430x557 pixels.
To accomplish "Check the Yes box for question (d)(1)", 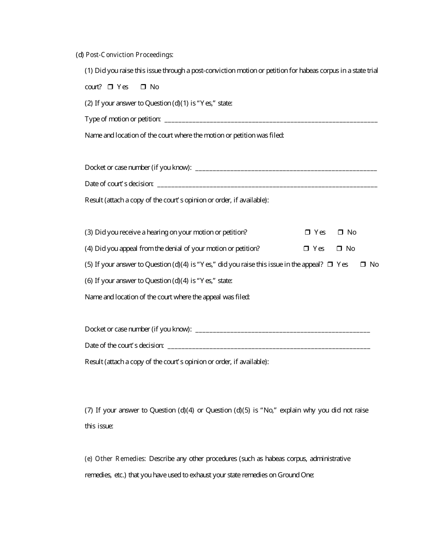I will (110, 87).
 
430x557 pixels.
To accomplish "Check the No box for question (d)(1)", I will (143, 87).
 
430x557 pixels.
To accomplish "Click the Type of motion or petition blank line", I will (271, 120).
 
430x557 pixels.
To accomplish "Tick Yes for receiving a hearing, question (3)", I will (307, 232).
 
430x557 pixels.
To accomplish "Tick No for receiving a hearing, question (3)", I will (340, 232).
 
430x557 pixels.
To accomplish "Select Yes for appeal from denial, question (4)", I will (306, 249).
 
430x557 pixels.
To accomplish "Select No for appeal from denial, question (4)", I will (339, 249).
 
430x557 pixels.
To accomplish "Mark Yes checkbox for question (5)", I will (330, 264).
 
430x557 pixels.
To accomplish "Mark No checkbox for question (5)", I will (363, 264).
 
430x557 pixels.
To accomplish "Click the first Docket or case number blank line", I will (285, 169).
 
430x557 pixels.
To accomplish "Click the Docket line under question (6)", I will (282, 331).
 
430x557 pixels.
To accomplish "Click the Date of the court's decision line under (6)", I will (268, 347).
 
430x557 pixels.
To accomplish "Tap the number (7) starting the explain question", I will (89, 410).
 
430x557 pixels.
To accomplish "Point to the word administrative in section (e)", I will (330, 459).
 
